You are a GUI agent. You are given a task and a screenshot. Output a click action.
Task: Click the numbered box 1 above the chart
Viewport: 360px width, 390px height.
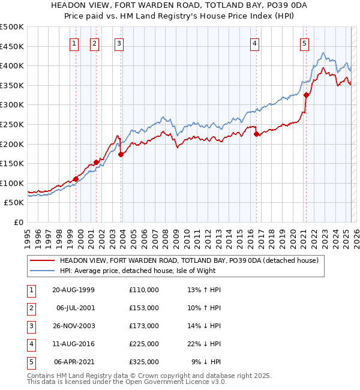(74, 43)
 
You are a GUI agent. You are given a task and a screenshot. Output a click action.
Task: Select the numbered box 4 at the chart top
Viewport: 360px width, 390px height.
(255, 43)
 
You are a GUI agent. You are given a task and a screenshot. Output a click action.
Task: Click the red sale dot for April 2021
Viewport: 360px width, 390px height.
(306, 95)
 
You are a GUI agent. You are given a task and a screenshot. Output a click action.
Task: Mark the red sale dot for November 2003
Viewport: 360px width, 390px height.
(121, 154)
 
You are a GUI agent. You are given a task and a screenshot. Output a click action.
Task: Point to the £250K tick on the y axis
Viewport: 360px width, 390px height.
(12, 124)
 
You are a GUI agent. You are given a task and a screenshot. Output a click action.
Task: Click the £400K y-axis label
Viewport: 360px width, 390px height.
(12, 65)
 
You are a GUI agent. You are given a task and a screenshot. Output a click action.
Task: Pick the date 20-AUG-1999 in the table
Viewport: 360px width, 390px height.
(73, 290)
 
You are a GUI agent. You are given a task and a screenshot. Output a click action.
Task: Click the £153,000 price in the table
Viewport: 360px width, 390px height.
(144, 308)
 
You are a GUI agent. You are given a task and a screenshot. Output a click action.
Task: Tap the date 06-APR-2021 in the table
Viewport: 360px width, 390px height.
(74, 362)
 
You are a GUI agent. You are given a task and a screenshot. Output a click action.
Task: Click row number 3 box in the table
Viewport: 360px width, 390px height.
(30, 326)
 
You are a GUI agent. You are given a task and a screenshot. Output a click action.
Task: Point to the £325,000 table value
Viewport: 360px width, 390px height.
(144, 362)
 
